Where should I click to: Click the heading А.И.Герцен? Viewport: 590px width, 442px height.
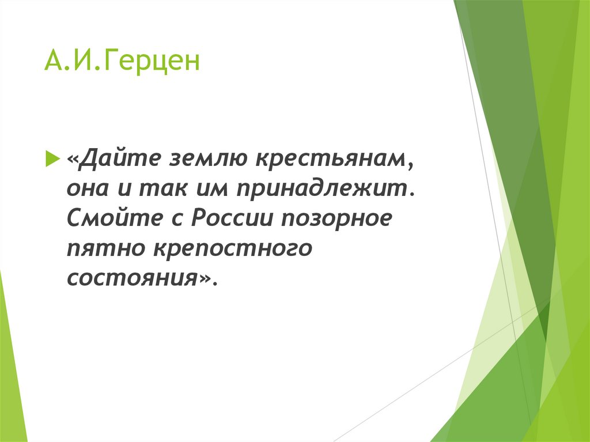pyautogui.click(x=122, y=62)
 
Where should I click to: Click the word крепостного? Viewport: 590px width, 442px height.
pyautogui.click(x=233, y=250)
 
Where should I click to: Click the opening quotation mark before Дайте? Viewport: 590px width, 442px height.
pyautogui.click(x=73, y=159)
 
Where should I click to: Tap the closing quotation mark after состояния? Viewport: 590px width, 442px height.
pyautogui.click(x=207, y=279)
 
